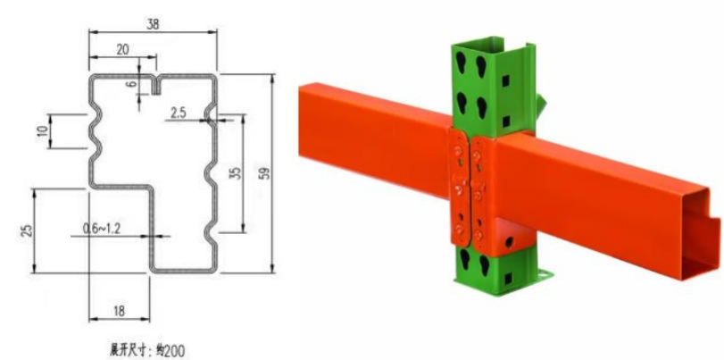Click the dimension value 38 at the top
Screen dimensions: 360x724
pyautogui.click(x=153, y=26)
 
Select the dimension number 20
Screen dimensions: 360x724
pyautogui.click(x=122, y=50)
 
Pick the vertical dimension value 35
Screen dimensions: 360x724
pyautogui.click(x=236, y=172)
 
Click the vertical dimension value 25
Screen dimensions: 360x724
pyautogui.click(x=25, y=230)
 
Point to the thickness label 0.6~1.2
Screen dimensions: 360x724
pyautogui.click(x=103, y=229)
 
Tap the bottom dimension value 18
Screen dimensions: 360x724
pyautogui.click(x=120, y=311)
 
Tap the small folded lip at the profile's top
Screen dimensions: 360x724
pyautogui.click(x=153, y=84)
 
